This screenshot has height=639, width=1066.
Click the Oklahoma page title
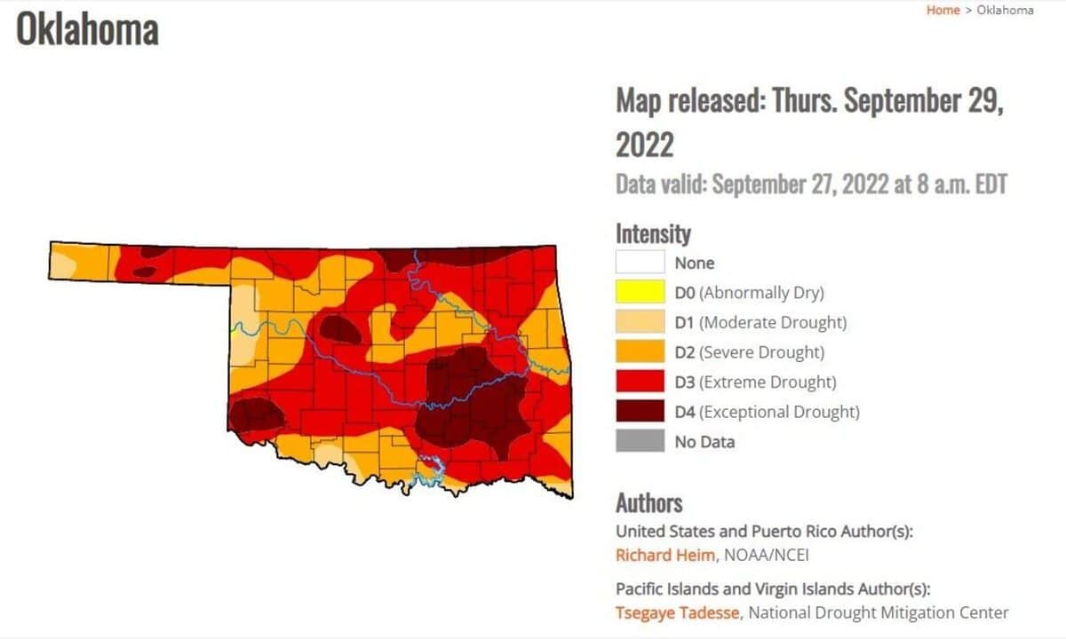(x=87, y=30)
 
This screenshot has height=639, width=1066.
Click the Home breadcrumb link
(x=943, y=11)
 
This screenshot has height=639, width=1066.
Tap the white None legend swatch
(x=640, y=263)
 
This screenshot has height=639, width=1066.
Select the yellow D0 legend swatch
(x=640, y=292)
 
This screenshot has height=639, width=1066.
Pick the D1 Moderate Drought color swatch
(x=640, y=322)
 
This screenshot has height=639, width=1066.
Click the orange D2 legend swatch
(x=640, y=352)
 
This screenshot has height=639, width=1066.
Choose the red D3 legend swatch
(x=640, y=382)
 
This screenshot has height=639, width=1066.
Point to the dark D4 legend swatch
(x=640, y=412)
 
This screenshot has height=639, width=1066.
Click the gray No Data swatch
(x=640, y=441)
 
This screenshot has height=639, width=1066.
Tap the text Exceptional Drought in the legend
(x=779, y=412)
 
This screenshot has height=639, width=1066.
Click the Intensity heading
(x=653, y=234)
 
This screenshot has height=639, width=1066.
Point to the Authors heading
(x=649, y=503)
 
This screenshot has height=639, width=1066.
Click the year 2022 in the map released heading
(x=645, y=145)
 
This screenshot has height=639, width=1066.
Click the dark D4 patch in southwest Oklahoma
(x=256, y=414)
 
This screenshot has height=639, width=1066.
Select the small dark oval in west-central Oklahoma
(x=341, y=329)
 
